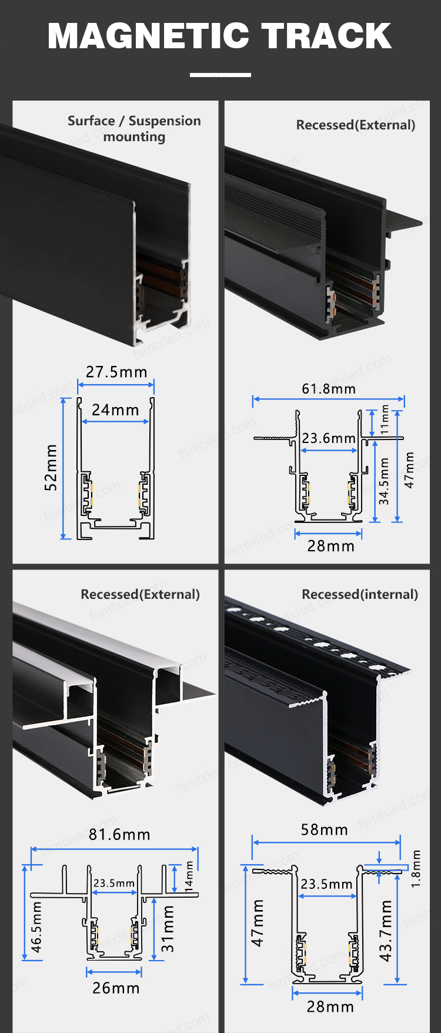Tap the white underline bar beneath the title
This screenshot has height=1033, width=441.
point(220,75)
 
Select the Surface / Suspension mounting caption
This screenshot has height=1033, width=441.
point(134,129)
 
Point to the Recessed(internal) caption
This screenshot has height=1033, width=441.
point(360,595)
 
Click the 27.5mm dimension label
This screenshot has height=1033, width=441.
point(116,372)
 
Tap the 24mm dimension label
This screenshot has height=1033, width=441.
point(115,409)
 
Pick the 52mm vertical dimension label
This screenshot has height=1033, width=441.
point(51,468)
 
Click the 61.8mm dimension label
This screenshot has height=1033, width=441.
point(329,389)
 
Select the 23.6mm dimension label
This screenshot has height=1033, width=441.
point(329,438)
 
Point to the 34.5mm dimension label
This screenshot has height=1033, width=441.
point(384,481)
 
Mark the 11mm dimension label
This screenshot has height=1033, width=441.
point(385,419)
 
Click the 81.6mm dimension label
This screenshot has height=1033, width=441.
point(119,835)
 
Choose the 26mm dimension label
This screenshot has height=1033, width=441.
point(116,988)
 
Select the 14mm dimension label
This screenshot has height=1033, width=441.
point(189,877)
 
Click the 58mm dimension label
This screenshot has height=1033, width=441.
point(325,829)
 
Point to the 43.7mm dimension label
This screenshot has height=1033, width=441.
point(386,931)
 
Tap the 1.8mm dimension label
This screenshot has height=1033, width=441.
point(416,869)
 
